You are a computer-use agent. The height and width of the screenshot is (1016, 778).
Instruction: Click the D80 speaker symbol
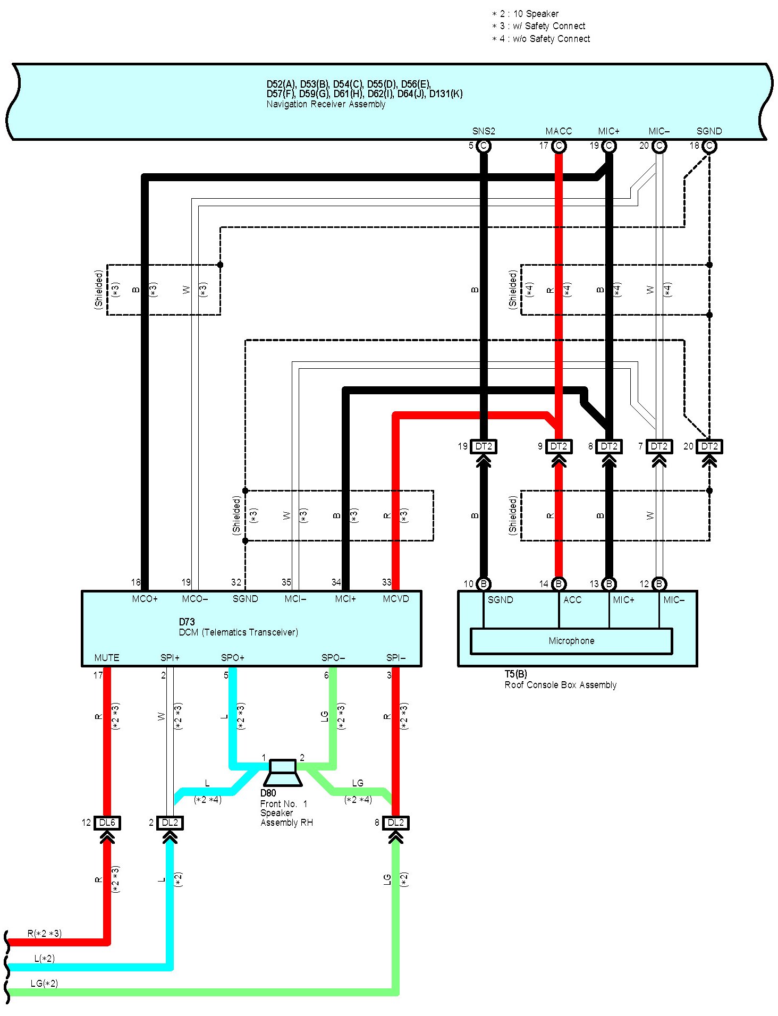[x=283, y=772]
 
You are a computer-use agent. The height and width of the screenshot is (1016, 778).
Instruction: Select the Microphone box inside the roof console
[x=571, y=641]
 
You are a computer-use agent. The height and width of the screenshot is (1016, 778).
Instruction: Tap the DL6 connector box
[x=107, y=823]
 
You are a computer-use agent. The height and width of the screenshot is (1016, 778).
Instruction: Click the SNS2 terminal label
[x=484, y=131]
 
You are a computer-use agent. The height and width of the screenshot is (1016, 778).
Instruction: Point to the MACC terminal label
[x=559, y=131]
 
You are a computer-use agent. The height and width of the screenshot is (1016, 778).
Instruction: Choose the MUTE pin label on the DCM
[x=107, y=658]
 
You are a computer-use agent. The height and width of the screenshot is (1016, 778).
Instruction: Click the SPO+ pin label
[x=233, y=658]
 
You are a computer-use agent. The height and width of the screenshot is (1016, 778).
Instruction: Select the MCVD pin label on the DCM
[x=396, y=599]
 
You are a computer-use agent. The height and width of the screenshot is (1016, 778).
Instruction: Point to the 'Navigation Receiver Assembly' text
[x=326, y=104]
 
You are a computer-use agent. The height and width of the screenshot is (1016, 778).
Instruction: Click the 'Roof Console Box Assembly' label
[x=560, y=685]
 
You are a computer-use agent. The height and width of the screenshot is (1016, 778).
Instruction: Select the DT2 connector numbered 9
[x=559, y=446]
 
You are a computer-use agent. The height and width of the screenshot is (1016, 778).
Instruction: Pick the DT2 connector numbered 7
[x=659, y=446]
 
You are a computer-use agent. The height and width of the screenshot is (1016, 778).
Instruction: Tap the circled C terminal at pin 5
[x=484, y=146]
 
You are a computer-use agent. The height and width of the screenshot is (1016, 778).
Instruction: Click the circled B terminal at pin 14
[x=559, y=584]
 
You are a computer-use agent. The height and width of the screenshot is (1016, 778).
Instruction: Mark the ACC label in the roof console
[x=572, y=600]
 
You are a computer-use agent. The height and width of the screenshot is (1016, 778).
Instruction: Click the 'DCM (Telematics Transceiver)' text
[x=239, y=632]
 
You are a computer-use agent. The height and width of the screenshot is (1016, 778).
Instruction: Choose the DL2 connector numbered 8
[x=396, y=823]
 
